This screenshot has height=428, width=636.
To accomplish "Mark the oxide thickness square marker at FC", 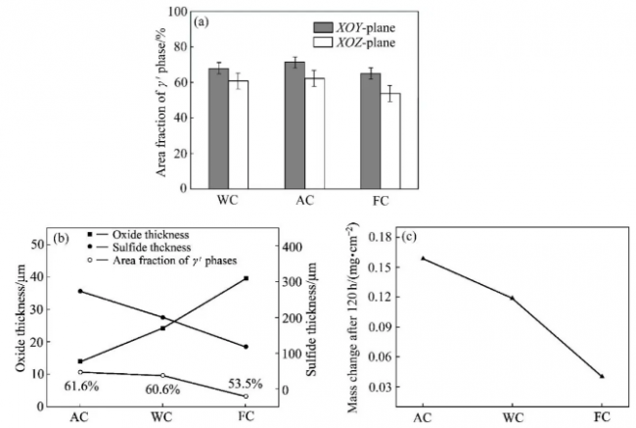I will (246, 278).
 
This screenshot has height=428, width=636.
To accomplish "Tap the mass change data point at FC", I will (602, 376).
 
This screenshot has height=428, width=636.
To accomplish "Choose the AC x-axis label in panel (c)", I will (422, 417).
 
